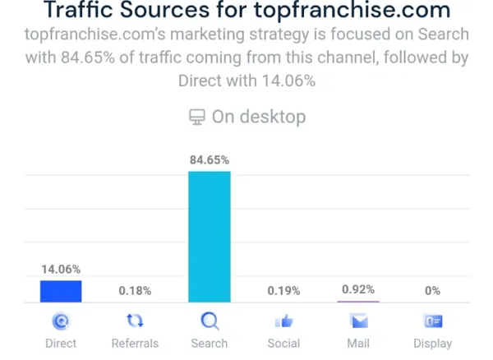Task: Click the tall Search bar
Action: (210, 237)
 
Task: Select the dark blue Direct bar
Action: (61, 292)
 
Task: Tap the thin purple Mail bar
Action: (358, 302)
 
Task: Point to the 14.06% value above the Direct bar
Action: (61, 269)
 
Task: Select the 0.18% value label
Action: (135, 290)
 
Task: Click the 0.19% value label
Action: (283, 290)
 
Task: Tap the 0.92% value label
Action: (358, 289)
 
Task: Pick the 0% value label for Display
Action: (432, 290)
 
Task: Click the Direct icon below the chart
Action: (61, 321)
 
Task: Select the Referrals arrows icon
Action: (135, 321)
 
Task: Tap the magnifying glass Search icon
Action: (210, 321)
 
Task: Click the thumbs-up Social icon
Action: (283, 321)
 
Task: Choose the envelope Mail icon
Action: (358, 321)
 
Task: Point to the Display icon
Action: (432, 321)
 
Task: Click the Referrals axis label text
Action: (135, 343)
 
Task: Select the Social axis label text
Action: (283, 343)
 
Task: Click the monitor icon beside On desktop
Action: (197, 117)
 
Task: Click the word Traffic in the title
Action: (78, 12)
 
